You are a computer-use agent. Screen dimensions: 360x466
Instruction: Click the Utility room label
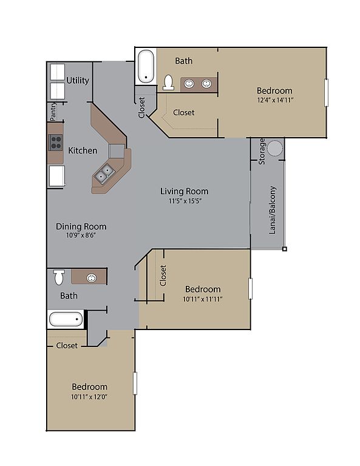point(78,80)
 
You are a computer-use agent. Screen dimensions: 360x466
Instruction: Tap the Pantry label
point(53,112)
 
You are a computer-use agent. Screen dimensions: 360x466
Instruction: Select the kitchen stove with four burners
point(56,143)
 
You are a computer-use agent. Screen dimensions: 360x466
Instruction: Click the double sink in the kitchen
point(104,174)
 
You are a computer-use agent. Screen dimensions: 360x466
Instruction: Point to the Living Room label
point(185,191)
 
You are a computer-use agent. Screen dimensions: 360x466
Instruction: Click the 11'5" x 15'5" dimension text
point(185,201)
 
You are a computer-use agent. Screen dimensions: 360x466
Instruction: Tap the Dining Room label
point(81,226)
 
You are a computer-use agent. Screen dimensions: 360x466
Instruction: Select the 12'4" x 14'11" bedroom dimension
point(275,100)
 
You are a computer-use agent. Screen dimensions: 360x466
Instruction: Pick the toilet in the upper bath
point(168,83)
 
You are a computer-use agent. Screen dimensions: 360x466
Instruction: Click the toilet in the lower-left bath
point(59,277)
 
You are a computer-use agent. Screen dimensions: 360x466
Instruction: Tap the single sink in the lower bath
point(91,278)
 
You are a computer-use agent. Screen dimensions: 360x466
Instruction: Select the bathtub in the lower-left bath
point(66,319)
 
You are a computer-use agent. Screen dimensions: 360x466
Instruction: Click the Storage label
point(262,151)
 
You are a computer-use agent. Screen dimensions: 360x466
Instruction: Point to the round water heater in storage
point(274,148)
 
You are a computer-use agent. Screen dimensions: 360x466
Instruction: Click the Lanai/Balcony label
point(273,210)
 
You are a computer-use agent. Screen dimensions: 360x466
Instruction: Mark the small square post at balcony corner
point(285,249)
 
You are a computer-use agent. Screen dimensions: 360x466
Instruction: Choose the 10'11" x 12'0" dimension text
point(89,397)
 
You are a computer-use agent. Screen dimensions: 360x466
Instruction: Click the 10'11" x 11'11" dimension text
point(203,299)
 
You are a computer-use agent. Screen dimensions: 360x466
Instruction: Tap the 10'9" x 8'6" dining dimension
point(81,235)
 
